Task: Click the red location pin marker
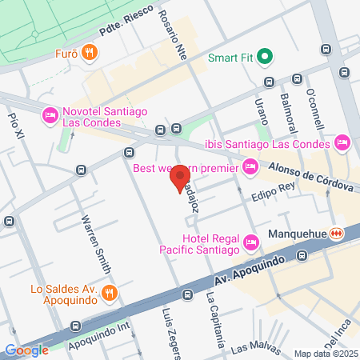[x=182, y=177]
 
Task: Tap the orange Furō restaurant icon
[x=93, y=54]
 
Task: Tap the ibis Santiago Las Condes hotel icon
[x=342, y=143]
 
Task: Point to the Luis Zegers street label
[x=169, y=331]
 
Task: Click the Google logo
[x=26, y=350]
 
